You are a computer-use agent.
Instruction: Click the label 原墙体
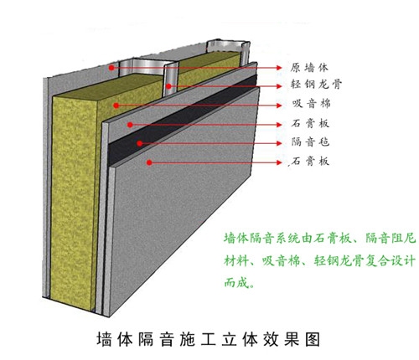[x=309, y=68]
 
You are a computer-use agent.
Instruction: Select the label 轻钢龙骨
[x=316, y=84]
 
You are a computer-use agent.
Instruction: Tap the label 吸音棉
[x=311, y=104]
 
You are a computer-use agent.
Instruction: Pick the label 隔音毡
[x=310, y=142]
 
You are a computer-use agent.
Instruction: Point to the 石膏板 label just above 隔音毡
[x=310, y=123]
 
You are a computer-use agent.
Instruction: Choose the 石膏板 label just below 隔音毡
[x=310, y=162]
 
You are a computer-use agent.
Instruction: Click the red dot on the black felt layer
[x=140, y=143]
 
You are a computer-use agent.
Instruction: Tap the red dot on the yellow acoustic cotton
[x=116, y=105]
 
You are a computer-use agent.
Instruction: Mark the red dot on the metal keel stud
[x=168, y=86]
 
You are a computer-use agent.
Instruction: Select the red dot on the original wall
[x=111, y=68]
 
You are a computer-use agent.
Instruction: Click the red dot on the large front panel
[x=149, y=162]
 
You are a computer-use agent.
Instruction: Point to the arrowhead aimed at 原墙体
[x=279, y=68]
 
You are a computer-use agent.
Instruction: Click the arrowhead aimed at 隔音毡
[x=279, y=143]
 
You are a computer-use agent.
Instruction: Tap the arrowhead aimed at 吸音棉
[x=279, y=105]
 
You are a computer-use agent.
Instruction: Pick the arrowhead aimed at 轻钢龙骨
[x=279, y=86]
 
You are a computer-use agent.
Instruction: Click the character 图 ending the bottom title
[x=313, y=340]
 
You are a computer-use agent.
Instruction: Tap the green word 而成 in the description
[x=236, y=283]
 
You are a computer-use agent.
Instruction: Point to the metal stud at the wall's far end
[x=244, y=52]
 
